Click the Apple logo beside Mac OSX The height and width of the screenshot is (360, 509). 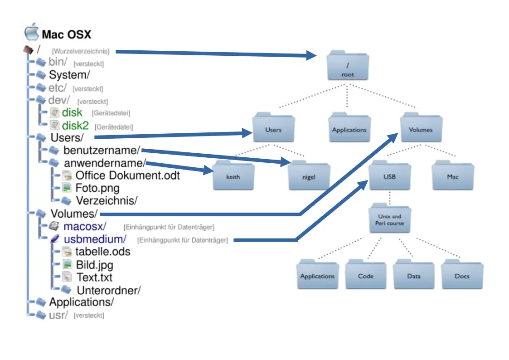tap(31, 33)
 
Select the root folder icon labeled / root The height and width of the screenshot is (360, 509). tap(348, 68)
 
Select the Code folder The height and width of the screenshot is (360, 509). tap(366, 274)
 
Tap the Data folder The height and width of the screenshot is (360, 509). tap(414, 274)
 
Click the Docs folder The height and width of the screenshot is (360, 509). tap(462, 274)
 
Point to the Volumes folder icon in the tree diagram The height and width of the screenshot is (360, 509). tap(421, 128)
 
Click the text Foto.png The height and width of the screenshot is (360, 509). tap(97, 188)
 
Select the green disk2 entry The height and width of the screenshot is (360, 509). tap(75, 126)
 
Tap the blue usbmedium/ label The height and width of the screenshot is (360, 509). tap(95, 239)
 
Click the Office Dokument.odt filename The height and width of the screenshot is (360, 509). tap(127, 175)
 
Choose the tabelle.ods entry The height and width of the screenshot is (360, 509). tap(103, 252)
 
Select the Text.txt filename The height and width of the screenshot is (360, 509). tap(94, 277)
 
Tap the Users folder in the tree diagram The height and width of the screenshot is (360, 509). tap(273, 128)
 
